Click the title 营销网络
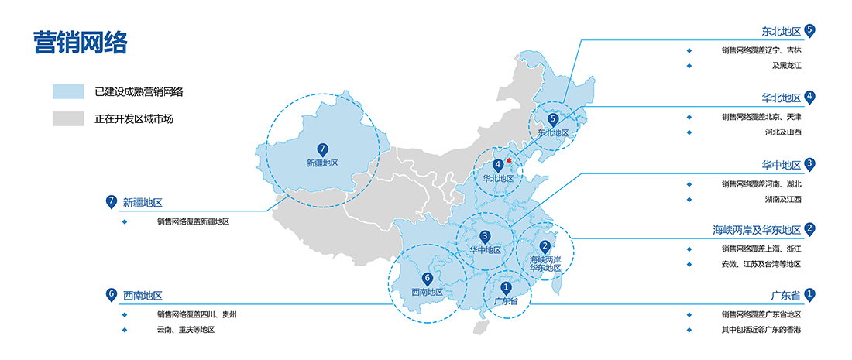80,43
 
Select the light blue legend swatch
68,92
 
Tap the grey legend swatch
68,118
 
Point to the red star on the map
509,161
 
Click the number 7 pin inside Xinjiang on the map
323,149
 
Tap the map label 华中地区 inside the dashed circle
485,250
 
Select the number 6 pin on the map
427,279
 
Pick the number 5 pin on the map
553,119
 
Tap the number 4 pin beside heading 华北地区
810,98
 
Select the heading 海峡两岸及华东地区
758,230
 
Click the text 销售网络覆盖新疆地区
194,221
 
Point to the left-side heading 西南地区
143,296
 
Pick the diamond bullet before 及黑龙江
689,66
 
